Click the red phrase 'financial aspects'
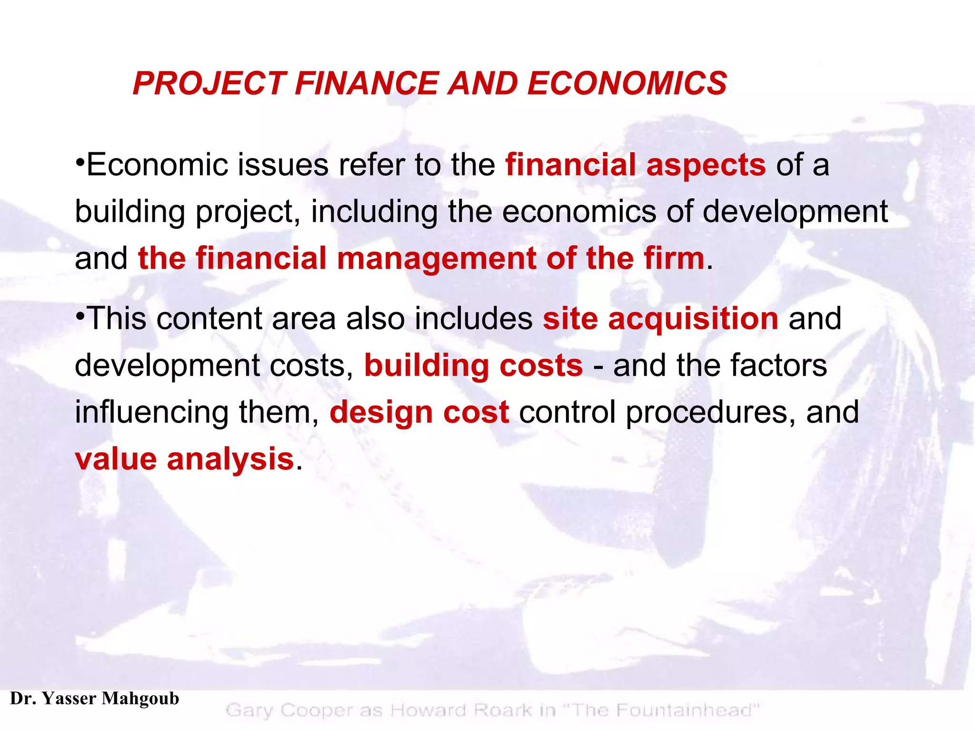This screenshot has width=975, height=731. [x=635, y=165]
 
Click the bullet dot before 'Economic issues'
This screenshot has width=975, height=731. [x=80, y=160]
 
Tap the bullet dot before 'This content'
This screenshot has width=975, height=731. [x=80, y=314]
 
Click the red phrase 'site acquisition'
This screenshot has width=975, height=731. [x=660, y=318]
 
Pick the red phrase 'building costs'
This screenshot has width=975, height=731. [x=473, y=365]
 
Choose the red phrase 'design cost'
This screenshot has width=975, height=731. [x=419, y=412]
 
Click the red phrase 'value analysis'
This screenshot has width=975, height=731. [x=185, y=459]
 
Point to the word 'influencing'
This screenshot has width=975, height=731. [x=151, y=412]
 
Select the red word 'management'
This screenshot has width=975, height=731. [x=436, y=258]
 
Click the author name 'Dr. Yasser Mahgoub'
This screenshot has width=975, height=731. [x=94, y=699]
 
